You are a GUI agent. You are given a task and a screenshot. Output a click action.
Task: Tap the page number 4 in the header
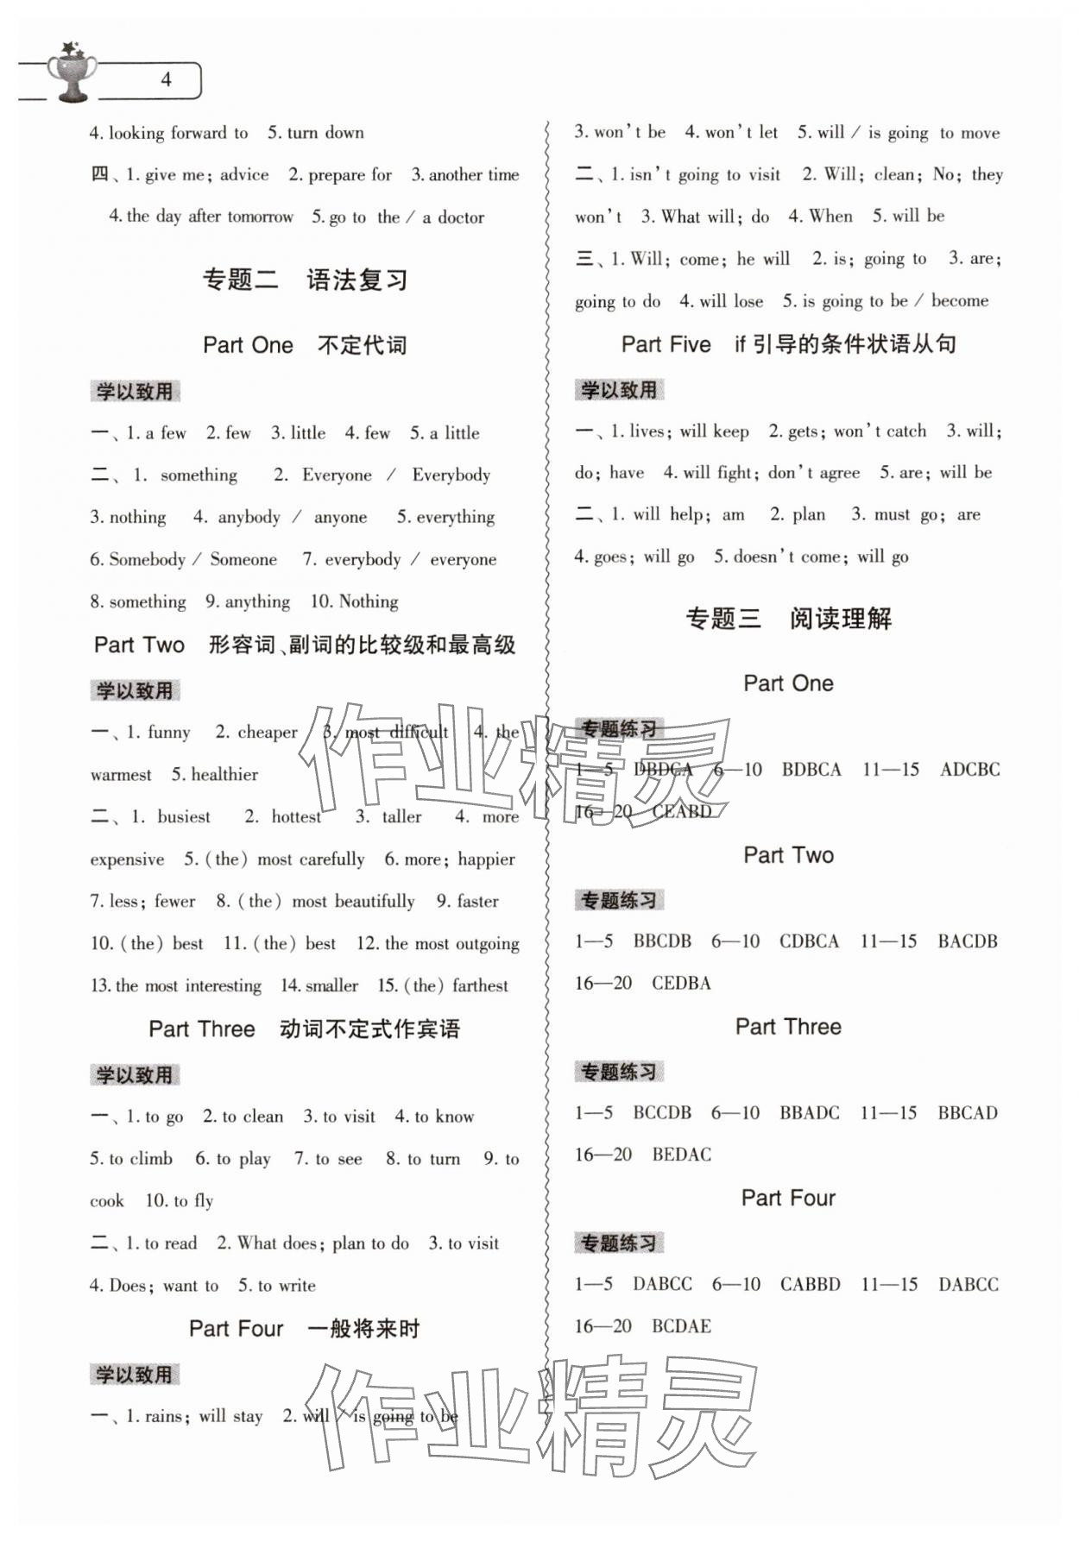166,80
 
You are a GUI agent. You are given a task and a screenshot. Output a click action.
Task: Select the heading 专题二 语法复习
304,280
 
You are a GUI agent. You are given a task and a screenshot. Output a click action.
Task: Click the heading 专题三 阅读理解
788,619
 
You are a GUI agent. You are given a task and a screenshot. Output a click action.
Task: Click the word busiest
184,817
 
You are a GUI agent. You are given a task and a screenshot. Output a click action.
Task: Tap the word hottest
296,817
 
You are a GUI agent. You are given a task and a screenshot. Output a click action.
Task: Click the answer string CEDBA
681,984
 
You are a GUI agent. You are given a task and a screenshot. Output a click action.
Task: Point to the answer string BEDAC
682,1155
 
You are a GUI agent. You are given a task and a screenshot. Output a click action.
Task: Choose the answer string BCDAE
681,1326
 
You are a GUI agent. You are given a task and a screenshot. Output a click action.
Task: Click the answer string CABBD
810,1285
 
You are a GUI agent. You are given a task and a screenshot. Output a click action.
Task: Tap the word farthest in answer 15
480,986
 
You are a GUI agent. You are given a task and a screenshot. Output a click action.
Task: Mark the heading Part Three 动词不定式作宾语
304,1029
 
